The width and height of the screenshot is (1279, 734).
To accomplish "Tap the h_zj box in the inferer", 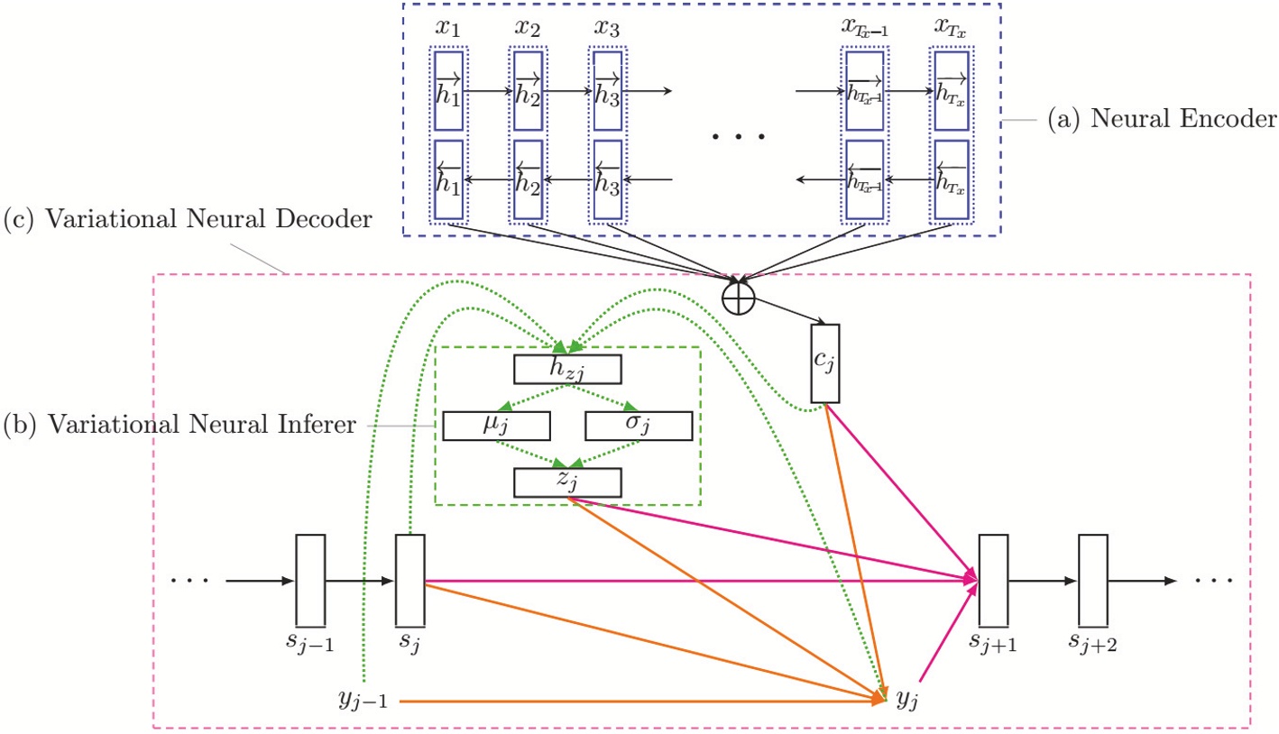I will click(567, 369).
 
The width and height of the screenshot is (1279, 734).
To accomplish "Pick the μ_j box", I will click(496, 425).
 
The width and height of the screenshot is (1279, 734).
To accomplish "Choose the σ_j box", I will click(639, 425).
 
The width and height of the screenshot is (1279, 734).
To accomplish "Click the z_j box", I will click(567, 482).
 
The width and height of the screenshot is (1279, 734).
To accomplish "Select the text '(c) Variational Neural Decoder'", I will click(188, 219).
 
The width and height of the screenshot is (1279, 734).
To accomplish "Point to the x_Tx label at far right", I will click(952, 27).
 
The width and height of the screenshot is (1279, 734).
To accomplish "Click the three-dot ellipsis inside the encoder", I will click(738, 137).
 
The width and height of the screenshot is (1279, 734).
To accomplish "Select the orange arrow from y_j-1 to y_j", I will click(631, 700).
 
